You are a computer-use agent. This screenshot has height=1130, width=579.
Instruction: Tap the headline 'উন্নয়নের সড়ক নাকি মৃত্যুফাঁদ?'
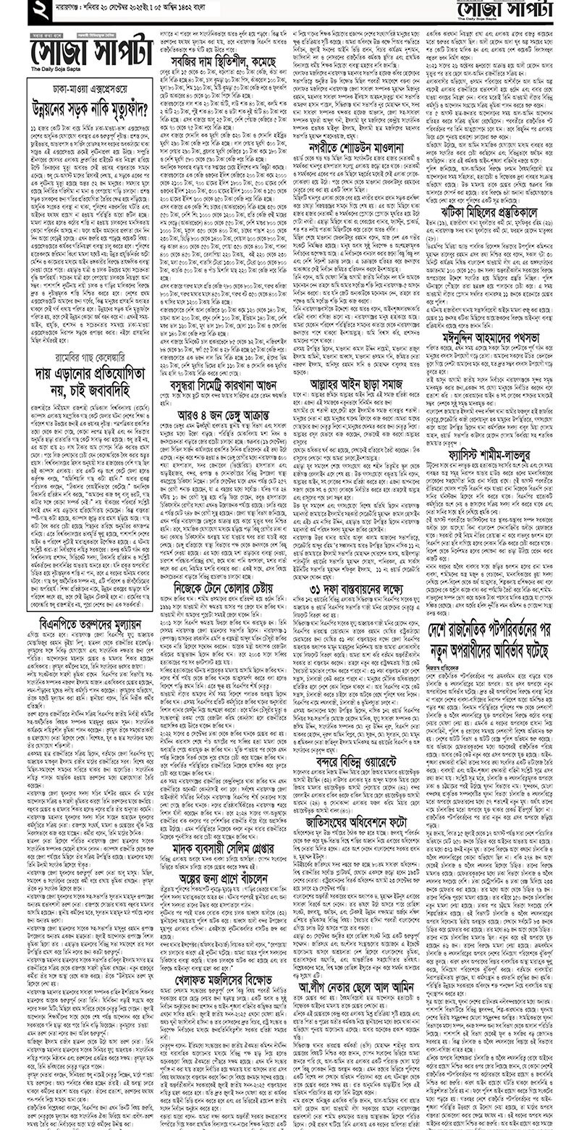pos(90,109)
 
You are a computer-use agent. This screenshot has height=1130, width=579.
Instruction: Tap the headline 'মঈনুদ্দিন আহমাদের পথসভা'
pos(493,337)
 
